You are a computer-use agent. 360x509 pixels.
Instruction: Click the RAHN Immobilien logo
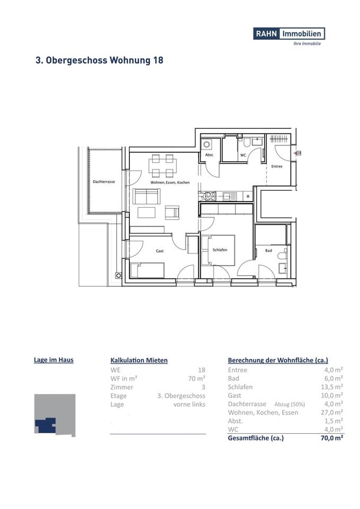289,33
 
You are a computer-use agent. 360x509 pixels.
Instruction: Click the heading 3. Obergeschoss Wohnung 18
99,60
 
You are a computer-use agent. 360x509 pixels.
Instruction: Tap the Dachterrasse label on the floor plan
104,182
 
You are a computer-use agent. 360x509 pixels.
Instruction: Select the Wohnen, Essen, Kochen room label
170,182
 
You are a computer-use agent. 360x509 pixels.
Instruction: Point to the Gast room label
160,251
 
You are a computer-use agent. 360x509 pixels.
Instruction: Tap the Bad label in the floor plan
268,250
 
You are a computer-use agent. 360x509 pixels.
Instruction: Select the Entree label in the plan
277,166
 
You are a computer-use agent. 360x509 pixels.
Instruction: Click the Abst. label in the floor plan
209,155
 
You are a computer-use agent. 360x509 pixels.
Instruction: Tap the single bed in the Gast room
147,270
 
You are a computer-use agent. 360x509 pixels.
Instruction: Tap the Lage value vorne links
189,404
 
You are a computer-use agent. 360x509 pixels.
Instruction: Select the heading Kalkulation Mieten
139,360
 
